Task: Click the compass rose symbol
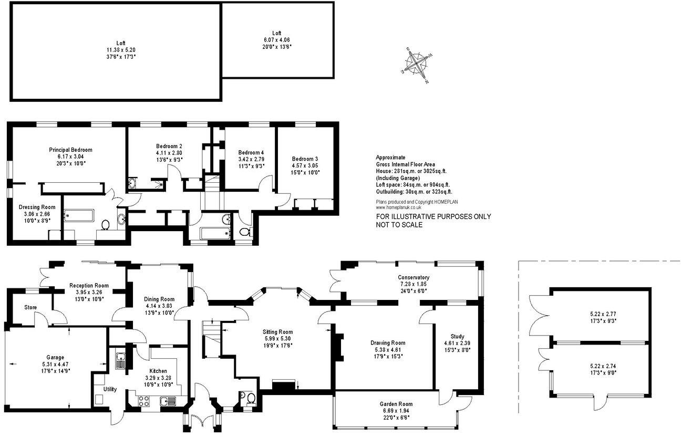(417, 65)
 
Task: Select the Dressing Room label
(37, 207)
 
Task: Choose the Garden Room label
(396, 404)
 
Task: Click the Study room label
(457, 336)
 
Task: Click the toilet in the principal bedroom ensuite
(105, 224)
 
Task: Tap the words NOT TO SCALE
(399, 225)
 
